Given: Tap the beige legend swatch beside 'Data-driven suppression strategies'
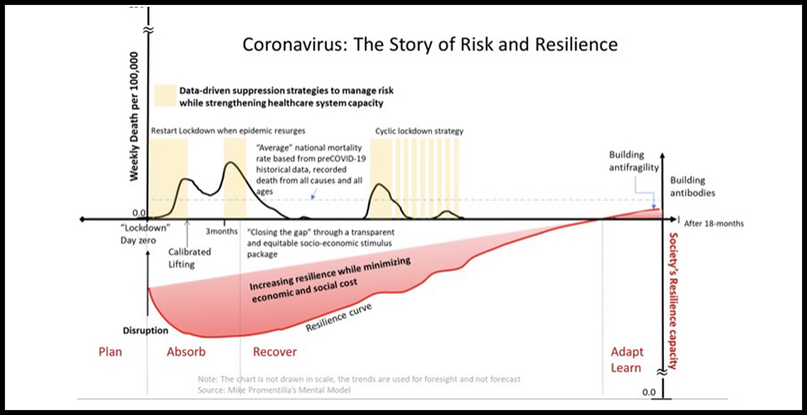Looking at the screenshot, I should [164, 95].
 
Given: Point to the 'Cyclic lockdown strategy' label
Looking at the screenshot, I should [419, 132].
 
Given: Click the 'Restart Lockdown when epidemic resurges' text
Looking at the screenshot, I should [228, 132].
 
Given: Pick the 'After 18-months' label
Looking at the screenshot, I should [714, 223].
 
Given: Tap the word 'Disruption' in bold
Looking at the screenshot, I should [145, 330].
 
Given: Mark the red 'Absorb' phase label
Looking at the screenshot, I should [186, 352].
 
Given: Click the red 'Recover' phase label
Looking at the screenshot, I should [275, 352].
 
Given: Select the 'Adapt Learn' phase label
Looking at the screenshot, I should [626, 360].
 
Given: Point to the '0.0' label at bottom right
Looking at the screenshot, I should [647, 392].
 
